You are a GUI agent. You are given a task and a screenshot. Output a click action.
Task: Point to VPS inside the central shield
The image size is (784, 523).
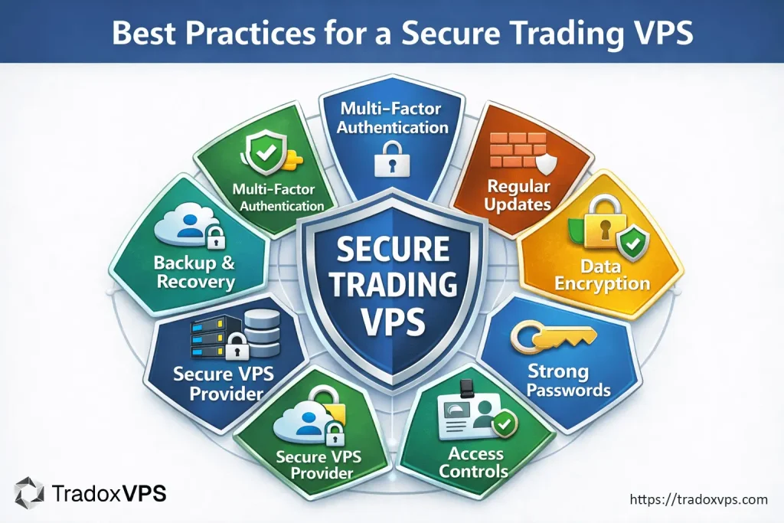391,317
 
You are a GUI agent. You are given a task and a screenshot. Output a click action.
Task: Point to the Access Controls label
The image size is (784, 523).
472,462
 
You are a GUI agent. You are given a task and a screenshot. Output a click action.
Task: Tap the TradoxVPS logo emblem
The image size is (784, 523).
29,493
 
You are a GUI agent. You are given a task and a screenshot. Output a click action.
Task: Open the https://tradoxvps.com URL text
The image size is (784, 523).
698,500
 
